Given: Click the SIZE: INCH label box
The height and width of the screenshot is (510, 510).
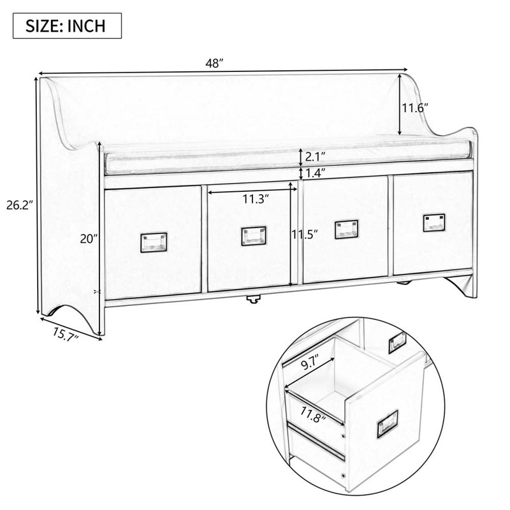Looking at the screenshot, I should [65, 27].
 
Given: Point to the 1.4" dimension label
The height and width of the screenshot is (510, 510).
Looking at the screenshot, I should [316, 172].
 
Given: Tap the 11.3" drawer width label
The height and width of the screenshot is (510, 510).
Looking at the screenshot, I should [254, 198].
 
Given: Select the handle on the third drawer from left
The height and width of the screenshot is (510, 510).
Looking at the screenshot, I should [347, 228].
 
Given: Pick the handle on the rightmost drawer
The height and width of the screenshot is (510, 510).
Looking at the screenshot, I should [433, 222].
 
